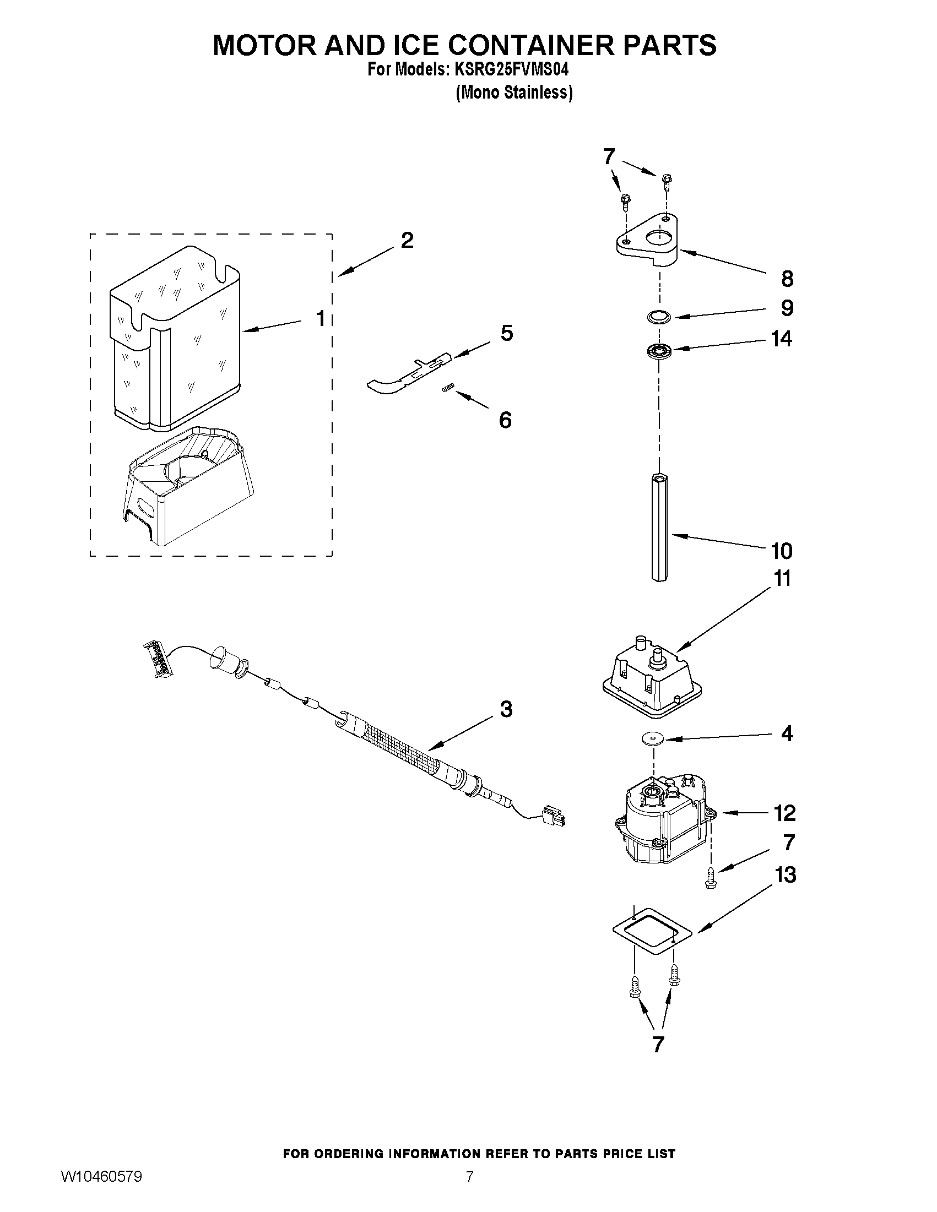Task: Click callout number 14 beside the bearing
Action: click(x=782, y=339)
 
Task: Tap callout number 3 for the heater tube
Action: click(x=506, y=710)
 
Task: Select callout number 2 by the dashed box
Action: click(x=407, y=241)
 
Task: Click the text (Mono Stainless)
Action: click(x=513, y=93)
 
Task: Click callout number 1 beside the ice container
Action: click(x=320, y=318)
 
